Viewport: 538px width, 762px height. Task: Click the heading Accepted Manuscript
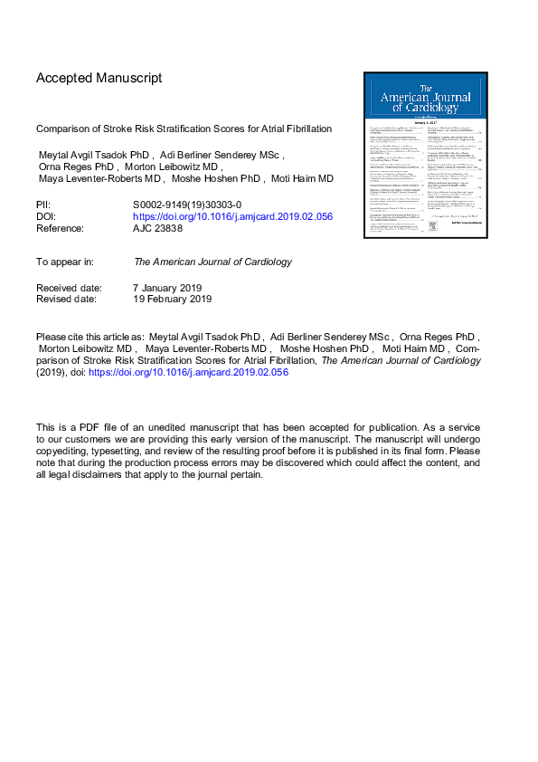[99, 78]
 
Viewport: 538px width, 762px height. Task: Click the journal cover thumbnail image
[427, 155]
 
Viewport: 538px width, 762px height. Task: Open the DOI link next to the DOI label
[232, 218]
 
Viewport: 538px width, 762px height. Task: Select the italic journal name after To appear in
[212, 262]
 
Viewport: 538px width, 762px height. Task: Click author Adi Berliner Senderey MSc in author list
[227, 155]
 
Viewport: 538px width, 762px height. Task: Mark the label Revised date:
[67, 299]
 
